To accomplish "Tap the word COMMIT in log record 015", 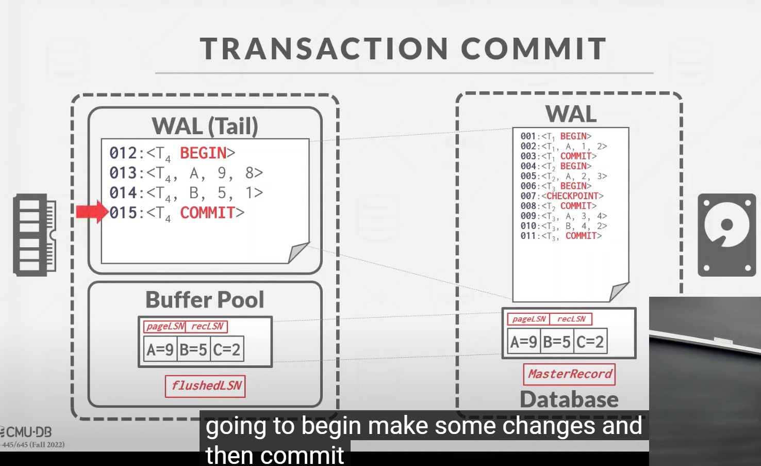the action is tap(207, 213).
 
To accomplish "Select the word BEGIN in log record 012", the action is tap(203, 153).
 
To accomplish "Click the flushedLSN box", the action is tap(205, 386).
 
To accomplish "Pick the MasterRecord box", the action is tap(569, 374).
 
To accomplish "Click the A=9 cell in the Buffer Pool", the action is tap(160, 349).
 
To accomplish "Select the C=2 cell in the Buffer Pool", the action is tap(227, 349).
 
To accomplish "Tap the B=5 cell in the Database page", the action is tap(557, 341).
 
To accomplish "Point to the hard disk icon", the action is tap(726, 235).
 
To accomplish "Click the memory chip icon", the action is tap(35, 235).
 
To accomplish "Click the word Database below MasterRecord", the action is tap(569, 399).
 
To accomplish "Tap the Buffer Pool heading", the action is tap(205, 300).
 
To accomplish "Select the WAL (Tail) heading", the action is tap(205, 126).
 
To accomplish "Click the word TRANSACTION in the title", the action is tap(324, 49).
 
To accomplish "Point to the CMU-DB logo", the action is tap(26, 432).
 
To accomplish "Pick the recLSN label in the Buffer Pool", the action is tap(207, 327).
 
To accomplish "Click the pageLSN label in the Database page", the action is tap(528, 319).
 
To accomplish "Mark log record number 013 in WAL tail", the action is tap(123, 173).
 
